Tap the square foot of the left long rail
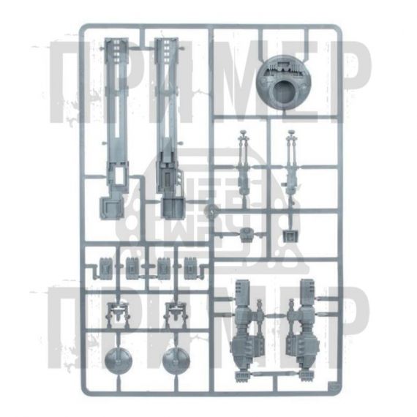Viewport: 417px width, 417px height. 111,208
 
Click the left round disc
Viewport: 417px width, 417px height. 118,360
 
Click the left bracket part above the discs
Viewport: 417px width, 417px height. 118,314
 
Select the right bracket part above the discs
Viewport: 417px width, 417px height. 176,314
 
